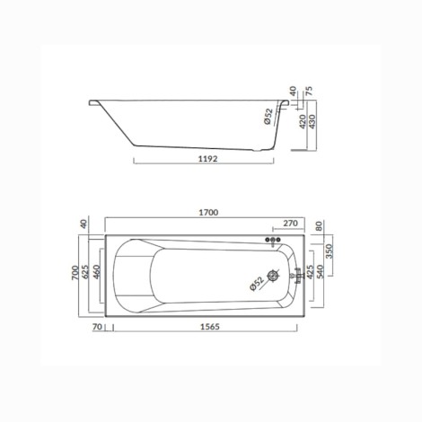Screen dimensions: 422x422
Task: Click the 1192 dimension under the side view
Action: point(208,159)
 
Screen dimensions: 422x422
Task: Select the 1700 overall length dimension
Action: point(208,213)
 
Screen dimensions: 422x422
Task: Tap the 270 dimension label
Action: point(290,224)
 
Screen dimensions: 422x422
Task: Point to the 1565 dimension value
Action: point(209,327)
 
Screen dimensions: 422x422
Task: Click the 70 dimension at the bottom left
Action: point(98,327)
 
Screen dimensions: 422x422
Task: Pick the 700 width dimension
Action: point(75,273)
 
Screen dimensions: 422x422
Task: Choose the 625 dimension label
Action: point(85,271)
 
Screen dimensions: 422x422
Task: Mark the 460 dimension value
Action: point(97,272)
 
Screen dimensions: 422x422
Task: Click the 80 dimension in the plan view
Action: point(319,225)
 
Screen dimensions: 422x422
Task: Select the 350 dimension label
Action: point(329,251)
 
